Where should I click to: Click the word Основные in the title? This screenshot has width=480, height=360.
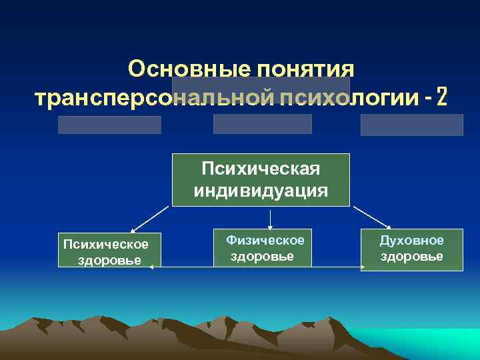pos(175,69)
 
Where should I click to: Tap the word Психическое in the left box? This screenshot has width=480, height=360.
pos(105,244)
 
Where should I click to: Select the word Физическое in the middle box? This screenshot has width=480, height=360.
pos(265,240)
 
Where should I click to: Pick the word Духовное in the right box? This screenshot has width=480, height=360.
pos(411,241)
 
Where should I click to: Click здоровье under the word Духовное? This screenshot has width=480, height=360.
pos(411,257)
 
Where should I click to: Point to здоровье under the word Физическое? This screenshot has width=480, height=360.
pos(262,257)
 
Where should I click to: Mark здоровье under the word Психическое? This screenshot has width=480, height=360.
pos(109,260)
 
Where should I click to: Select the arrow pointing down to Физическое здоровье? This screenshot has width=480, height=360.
pos(269,218)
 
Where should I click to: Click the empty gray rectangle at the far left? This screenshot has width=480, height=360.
pos(109,125)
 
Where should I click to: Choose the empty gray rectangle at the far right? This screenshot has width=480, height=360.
pos(411,125)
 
